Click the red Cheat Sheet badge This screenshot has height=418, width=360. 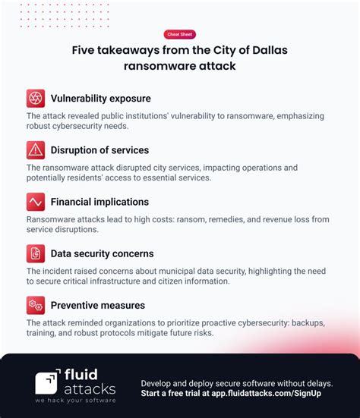(179, 34)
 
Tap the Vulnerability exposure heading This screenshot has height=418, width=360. (100, 99)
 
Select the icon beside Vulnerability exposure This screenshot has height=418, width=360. (36, 99)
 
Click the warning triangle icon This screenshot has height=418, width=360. (36, 150)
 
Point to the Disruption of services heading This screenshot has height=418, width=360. (99, 150)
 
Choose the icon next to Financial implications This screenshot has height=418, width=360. (36, 202)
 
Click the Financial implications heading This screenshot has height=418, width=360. (99, 202)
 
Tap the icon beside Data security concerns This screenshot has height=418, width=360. (36, 253)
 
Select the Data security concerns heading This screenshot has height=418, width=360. (102, 253)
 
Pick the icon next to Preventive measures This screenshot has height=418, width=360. (36, 306)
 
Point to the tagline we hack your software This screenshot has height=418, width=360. (75, 401)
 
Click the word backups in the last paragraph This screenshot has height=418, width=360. (303, 322)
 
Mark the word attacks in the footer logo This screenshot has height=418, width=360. (91, 389)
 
